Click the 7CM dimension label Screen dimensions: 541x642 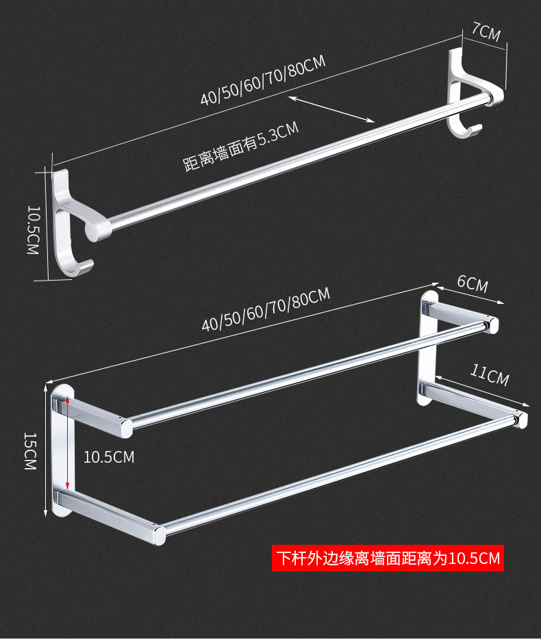[486, 31]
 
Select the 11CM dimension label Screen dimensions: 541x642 [489, 374]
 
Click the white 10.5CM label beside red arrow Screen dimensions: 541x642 [109, 457]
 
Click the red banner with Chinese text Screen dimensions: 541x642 [388, 558]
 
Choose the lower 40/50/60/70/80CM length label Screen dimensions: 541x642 [266, 309]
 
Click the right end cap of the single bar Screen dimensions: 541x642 [488, 101]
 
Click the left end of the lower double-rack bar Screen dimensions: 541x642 [158, 532]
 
